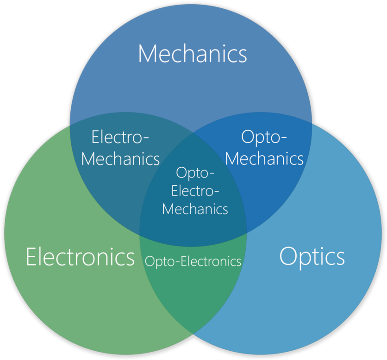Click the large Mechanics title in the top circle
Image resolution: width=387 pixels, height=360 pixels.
click(192, 54)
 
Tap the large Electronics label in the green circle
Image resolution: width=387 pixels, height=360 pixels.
click(80, 256)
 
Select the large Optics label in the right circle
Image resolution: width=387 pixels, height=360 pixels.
click(312, 256)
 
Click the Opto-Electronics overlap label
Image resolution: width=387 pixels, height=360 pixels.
click(193, 261)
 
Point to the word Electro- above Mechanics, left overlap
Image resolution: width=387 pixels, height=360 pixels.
click(120, 138)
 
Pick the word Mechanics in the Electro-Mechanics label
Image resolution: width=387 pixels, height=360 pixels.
click(120, 159)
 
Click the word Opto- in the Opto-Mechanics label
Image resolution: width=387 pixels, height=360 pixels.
click(264, 138)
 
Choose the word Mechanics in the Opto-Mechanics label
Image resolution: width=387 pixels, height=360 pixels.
click(264, 159)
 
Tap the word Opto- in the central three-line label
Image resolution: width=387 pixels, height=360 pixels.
click(195, 173)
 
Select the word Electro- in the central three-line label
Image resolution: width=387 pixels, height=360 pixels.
click(195, 190)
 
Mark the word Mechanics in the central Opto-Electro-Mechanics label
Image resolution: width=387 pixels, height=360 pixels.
click(195, 209)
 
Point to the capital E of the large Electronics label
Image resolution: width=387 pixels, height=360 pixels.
click(31, 256)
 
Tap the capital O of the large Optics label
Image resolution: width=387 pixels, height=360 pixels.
click(288, 256)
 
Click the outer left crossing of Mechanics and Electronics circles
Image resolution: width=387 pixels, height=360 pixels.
click(70, 124)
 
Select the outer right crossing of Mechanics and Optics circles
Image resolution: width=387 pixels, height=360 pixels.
click(312, 124)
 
